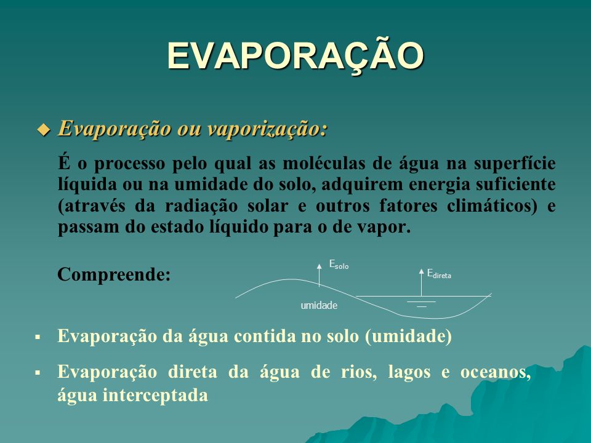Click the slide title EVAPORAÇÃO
point(296,56)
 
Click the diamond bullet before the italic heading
point(44,130)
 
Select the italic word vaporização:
point(268,129)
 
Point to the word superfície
point(515,164)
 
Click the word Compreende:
point(114,274)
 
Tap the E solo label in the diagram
point(339,265)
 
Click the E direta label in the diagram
point(439,274)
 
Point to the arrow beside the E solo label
point(320,276)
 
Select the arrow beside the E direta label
point(421,282)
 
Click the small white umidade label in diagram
point(319,306)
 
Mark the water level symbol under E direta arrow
point(421,304)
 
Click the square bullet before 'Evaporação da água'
point(38,337)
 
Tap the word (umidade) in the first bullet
point(408,336)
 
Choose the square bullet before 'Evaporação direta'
point(38,373)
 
